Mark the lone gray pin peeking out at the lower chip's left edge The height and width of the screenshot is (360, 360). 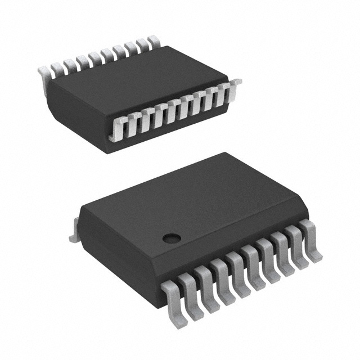click(73, 236)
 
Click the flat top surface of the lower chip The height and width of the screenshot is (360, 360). click(186, 202)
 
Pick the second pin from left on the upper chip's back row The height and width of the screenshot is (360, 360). click(56, 69)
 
